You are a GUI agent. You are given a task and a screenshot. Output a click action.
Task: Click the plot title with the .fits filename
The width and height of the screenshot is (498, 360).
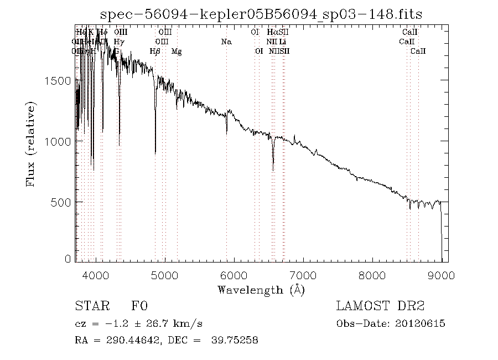[x=260, y=13]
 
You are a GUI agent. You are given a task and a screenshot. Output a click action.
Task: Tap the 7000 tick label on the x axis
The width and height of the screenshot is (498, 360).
[x=303, y=275]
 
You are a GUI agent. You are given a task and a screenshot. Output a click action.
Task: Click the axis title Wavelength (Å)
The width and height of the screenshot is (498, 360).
[x=261, y=289]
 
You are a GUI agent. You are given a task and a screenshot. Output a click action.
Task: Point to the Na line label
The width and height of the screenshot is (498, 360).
[x=226, y=42]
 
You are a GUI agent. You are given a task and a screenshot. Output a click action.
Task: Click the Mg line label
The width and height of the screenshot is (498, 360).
[x=177, y=52]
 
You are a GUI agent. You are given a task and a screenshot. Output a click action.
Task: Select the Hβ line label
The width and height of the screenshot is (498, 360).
[x=155, y=52]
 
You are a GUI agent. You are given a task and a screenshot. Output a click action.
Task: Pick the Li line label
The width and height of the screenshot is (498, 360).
[x=283, y=42]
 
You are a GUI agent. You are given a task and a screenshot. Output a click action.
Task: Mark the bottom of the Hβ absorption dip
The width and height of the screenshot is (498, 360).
[x=155, y=153]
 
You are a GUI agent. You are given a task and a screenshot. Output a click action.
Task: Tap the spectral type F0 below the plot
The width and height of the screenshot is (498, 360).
[x=139, y=306]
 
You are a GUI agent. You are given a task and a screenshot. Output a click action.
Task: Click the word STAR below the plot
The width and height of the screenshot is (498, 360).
[x=91, y=306]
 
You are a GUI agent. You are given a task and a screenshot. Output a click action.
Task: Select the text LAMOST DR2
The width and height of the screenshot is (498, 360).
[x=380, y=306]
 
